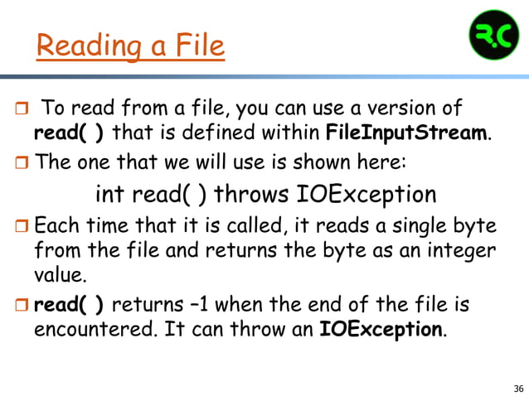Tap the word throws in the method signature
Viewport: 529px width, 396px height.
[254, 194]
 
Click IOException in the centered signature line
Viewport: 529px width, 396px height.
[366, 194]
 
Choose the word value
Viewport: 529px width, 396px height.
[60, 273]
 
